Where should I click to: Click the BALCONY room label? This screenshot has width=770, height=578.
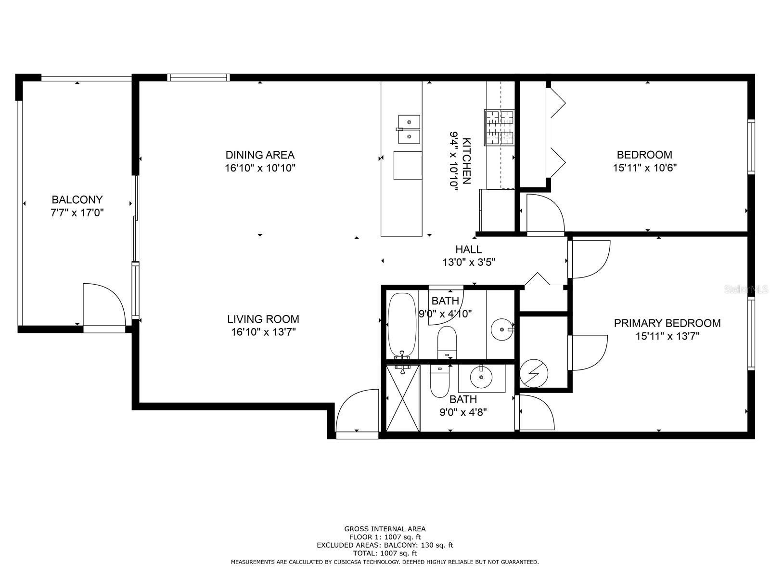[77, 200]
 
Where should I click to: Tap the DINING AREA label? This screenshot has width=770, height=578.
[260, 155]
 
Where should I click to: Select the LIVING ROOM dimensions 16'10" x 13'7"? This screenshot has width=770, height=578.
[263, 332]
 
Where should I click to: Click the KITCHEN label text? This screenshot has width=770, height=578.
[467, 161]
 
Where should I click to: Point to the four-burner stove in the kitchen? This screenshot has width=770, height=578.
[499, 128]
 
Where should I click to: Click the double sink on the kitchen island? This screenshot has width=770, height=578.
[409, 129]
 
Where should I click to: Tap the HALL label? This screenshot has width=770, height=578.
[469, 250]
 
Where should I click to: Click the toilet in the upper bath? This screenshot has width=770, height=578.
[447, 343]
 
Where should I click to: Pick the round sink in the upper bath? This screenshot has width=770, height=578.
[502, 329]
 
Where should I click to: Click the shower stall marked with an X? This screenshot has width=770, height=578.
[403, 398]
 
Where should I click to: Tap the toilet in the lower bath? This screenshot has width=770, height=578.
[439, 381]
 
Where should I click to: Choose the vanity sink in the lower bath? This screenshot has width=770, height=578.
[481, 377]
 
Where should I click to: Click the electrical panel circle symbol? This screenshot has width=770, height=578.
[534, 373]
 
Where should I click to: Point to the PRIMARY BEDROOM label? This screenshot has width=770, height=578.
[667, 323]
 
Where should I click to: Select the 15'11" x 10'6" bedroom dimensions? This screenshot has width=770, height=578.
[645, 168]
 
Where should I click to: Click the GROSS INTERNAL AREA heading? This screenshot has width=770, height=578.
[385, 529]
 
